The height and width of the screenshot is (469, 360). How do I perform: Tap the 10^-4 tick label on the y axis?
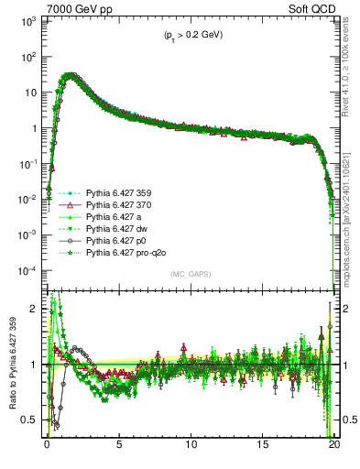click(27, 271)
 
